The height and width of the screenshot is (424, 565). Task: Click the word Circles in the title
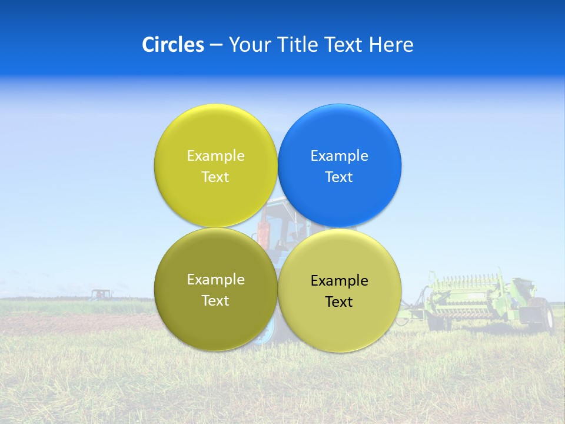(x=173, y=45)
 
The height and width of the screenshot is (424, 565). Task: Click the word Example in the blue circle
(x=340, y=156)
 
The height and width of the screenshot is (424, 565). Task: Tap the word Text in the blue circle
(x=340, y=177)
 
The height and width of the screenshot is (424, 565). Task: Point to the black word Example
(x=340, y=281)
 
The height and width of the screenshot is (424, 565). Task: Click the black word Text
(x=340, y=302)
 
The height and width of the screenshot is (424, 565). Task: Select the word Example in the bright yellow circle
(x=215, y=156)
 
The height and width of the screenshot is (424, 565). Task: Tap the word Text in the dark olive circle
(x=215, y=301)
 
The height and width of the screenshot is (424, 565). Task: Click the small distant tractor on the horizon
(x=101, y=294)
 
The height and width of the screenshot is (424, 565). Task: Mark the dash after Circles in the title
(x=216, y=45)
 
